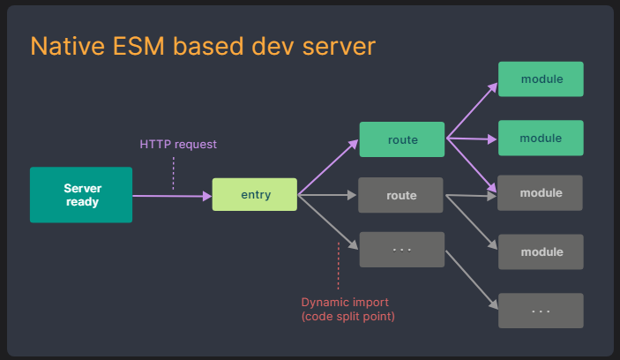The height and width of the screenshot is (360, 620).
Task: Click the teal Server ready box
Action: point(80,195)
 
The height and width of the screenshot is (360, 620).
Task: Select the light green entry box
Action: point(255,194)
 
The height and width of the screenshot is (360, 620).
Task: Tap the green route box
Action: point(402,139)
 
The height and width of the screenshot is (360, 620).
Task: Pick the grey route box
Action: point(401,195)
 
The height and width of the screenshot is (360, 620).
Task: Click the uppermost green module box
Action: point(541,79)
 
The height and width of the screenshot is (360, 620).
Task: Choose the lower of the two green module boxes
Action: point(541,139)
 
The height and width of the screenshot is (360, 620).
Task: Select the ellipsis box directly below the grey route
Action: point(401,250)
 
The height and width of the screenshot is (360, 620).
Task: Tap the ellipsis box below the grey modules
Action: point(541,311)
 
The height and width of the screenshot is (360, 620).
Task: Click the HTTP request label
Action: point(178,144)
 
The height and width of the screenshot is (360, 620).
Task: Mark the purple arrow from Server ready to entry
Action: point(172,195)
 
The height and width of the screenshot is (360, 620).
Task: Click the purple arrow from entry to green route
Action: point(328,167)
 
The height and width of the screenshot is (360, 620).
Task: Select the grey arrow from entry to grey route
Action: point(328,195)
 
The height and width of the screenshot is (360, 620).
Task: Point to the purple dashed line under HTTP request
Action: point(173,172)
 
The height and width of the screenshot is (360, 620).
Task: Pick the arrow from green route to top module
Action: point(471,109)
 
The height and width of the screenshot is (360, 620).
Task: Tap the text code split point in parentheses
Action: point(347,316)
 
